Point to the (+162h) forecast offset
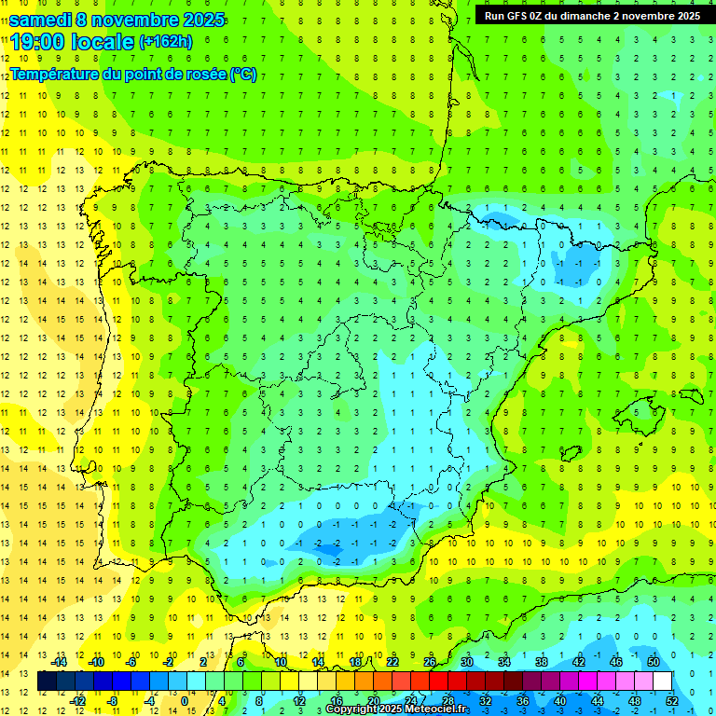165,41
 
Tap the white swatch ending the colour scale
662,682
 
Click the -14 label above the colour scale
58,662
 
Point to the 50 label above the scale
654,662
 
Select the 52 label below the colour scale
671,700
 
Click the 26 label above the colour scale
430,662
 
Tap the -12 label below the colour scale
76,700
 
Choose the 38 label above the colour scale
542,662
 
